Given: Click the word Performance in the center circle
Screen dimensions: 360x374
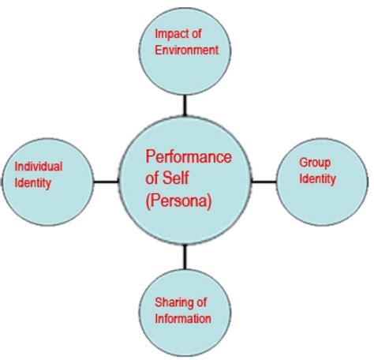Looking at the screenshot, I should coord(189,157).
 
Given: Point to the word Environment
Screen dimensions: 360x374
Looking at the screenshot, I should coord(186,50).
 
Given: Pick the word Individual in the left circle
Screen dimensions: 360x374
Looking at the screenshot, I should coord(39,167).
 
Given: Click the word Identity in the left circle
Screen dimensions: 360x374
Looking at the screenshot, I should coord(32,183).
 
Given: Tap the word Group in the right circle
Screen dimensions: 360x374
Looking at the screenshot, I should coord(315,163).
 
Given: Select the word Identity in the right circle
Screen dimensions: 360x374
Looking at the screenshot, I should coord(316,178).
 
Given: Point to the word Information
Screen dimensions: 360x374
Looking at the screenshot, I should coord(182,319).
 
